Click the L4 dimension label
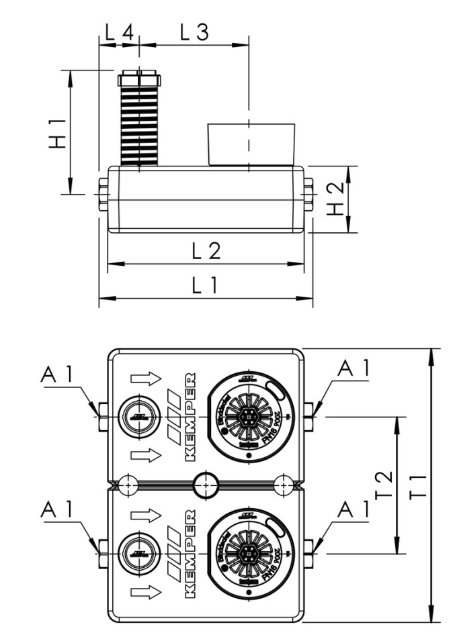(119, 31)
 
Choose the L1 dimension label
(206, 286)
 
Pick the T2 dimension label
(382, 485)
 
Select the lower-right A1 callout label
(354, 510)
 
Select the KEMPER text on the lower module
(190, 553)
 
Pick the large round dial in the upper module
(249, 417)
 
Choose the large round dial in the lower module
(249, 554)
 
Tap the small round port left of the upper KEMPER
(139, 417)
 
